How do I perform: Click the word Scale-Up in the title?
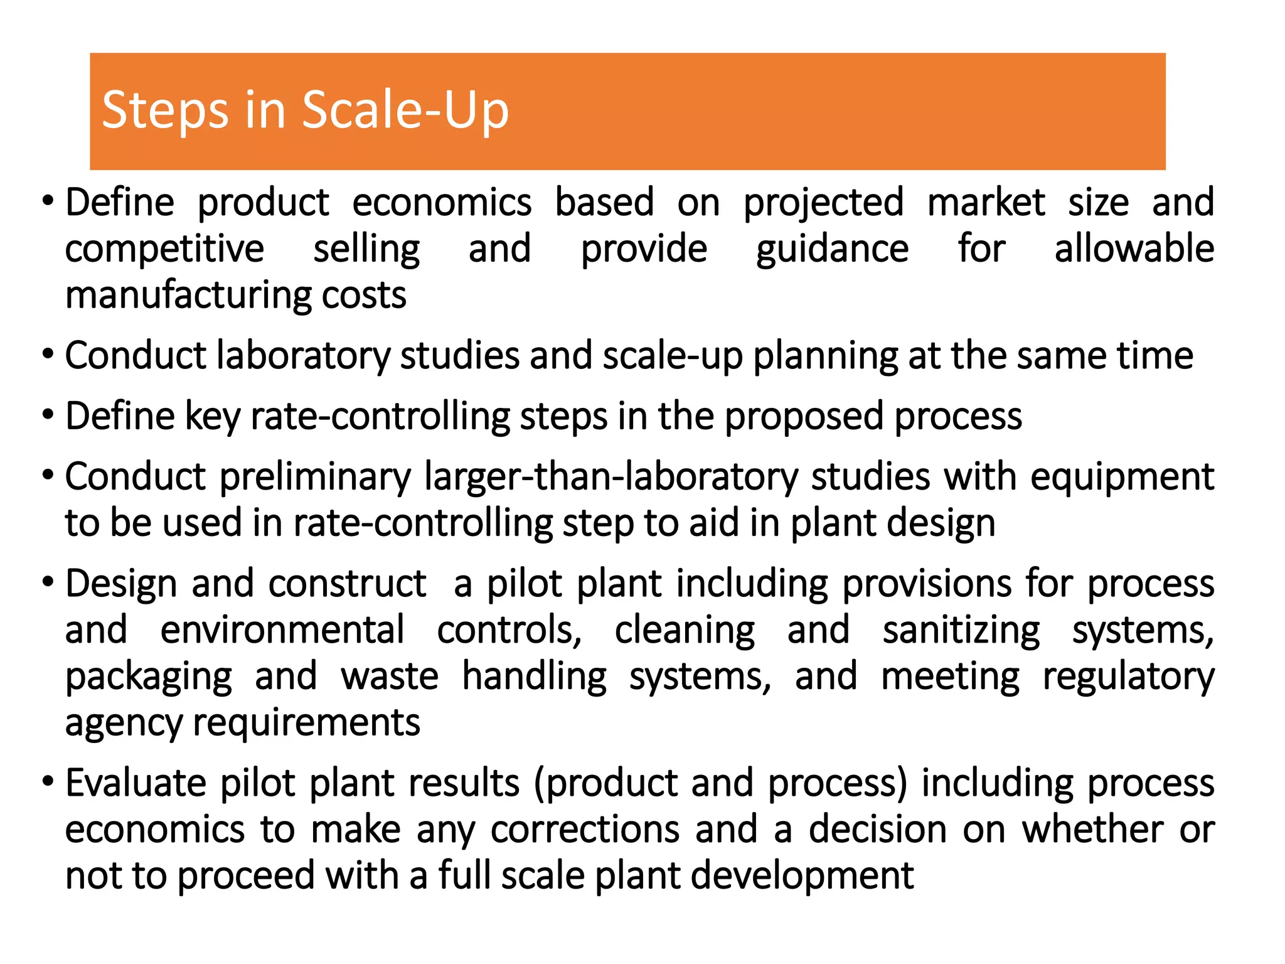click(405, 110)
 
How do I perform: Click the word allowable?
click(1134, 249)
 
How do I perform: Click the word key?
click(213, 417)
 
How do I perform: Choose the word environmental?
click(282, 630)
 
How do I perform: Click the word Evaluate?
click(136, 783)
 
